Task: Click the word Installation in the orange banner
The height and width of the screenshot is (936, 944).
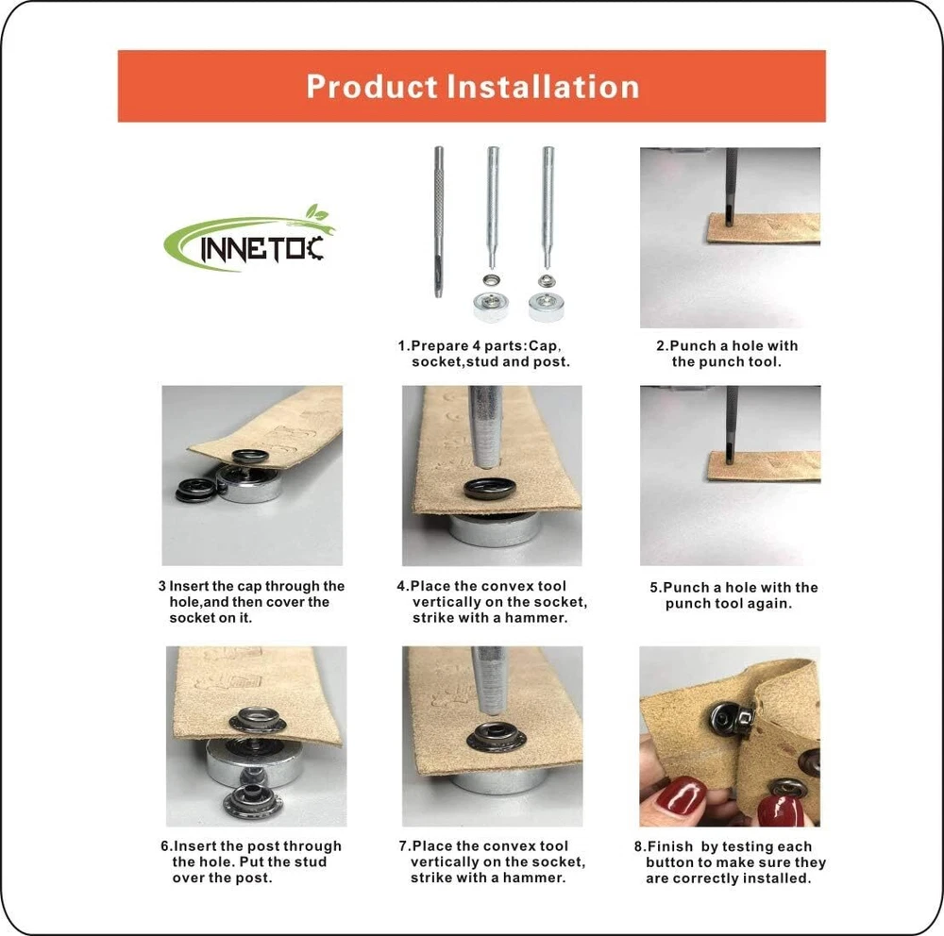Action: tap(543, 86)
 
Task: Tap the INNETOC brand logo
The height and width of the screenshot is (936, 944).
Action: tap(248, 239)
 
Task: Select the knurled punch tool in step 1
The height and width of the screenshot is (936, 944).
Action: tap(439, 222)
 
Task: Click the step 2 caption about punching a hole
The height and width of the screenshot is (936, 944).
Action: tap(727, 353)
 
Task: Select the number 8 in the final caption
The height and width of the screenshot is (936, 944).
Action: tap(639, 846)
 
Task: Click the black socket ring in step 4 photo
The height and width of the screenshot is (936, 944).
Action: tap(489, 488)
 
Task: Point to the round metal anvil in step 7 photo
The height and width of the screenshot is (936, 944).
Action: tap(495, 782)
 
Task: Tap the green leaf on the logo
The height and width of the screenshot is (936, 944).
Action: tap(316, 213)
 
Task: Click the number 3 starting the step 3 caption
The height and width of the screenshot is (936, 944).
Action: tap(162, 586)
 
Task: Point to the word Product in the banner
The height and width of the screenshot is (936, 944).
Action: tap(372, 86)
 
